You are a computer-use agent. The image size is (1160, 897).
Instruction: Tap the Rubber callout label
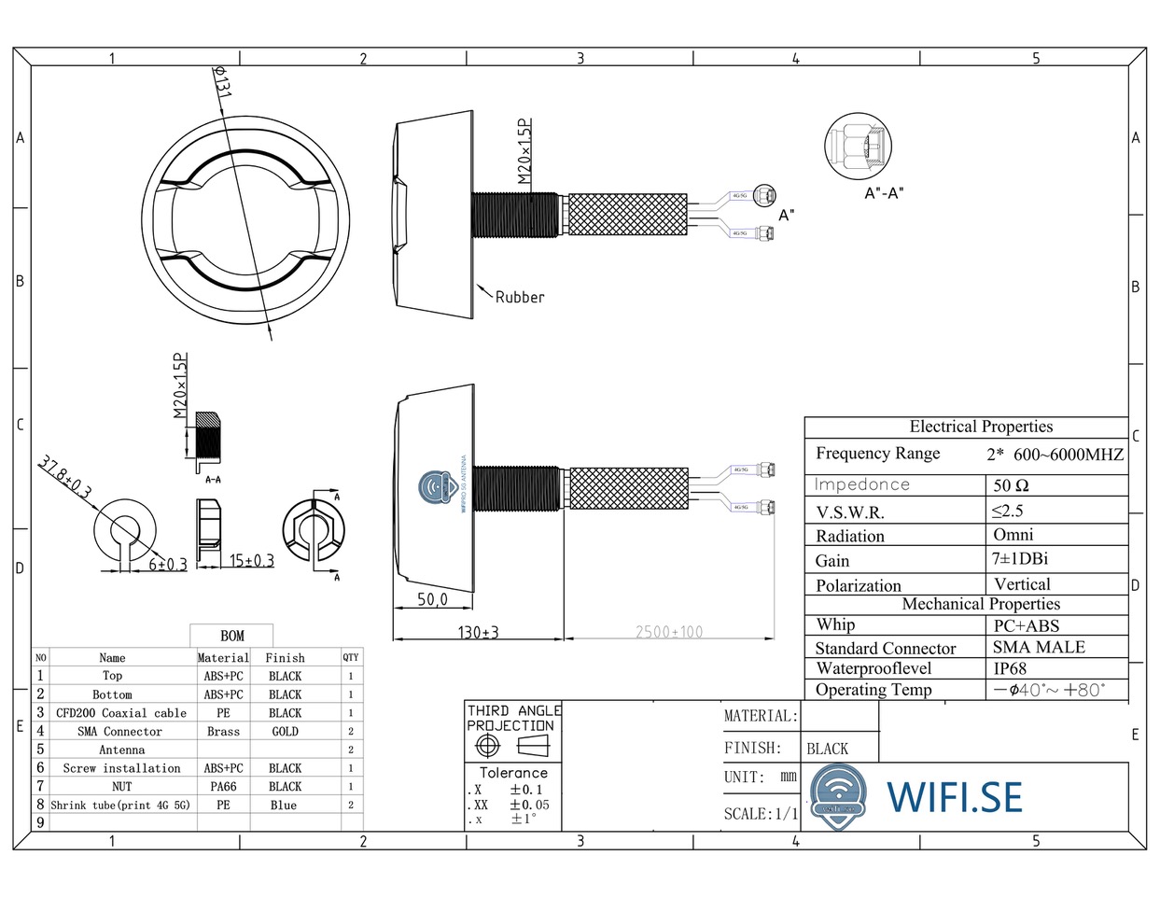click(519, 297)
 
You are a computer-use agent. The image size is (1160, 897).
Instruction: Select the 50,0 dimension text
click(432, 599)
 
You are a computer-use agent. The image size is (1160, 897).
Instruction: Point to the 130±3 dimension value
click(478, 632)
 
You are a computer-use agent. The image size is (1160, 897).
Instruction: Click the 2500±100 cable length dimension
click(669, 632)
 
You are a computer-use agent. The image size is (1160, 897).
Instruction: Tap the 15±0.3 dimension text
click(252, 560)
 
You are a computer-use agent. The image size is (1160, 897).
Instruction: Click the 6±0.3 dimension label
click(168, 564)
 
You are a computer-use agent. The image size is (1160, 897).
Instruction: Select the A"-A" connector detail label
click(884, 193)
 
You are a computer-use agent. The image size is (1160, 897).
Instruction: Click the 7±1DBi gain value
click(1020, 558)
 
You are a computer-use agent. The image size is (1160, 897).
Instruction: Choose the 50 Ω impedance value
click(1011, 485)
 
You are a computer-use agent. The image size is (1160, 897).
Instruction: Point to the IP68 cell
click(1010, 668)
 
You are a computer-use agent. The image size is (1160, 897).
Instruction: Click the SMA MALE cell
click(1039, 647)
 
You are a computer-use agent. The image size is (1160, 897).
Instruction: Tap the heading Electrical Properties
click(981, 427)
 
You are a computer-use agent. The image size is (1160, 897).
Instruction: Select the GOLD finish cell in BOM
click(285, 732)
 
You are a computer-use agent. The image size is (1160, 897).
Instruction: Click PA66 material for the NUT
click(223, 787)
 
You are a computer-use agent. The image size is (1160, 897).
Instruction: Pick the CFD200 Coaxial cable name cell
click(121, 713)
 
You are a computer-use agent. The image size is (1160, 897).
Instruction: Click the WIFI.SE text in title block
click(954, 796)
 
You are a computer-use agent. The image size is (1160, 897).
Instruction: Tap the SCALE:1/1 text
click(761, 814)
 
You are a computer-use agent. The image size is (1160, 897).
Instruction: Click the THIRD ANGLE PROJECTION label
click(512, 718)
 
